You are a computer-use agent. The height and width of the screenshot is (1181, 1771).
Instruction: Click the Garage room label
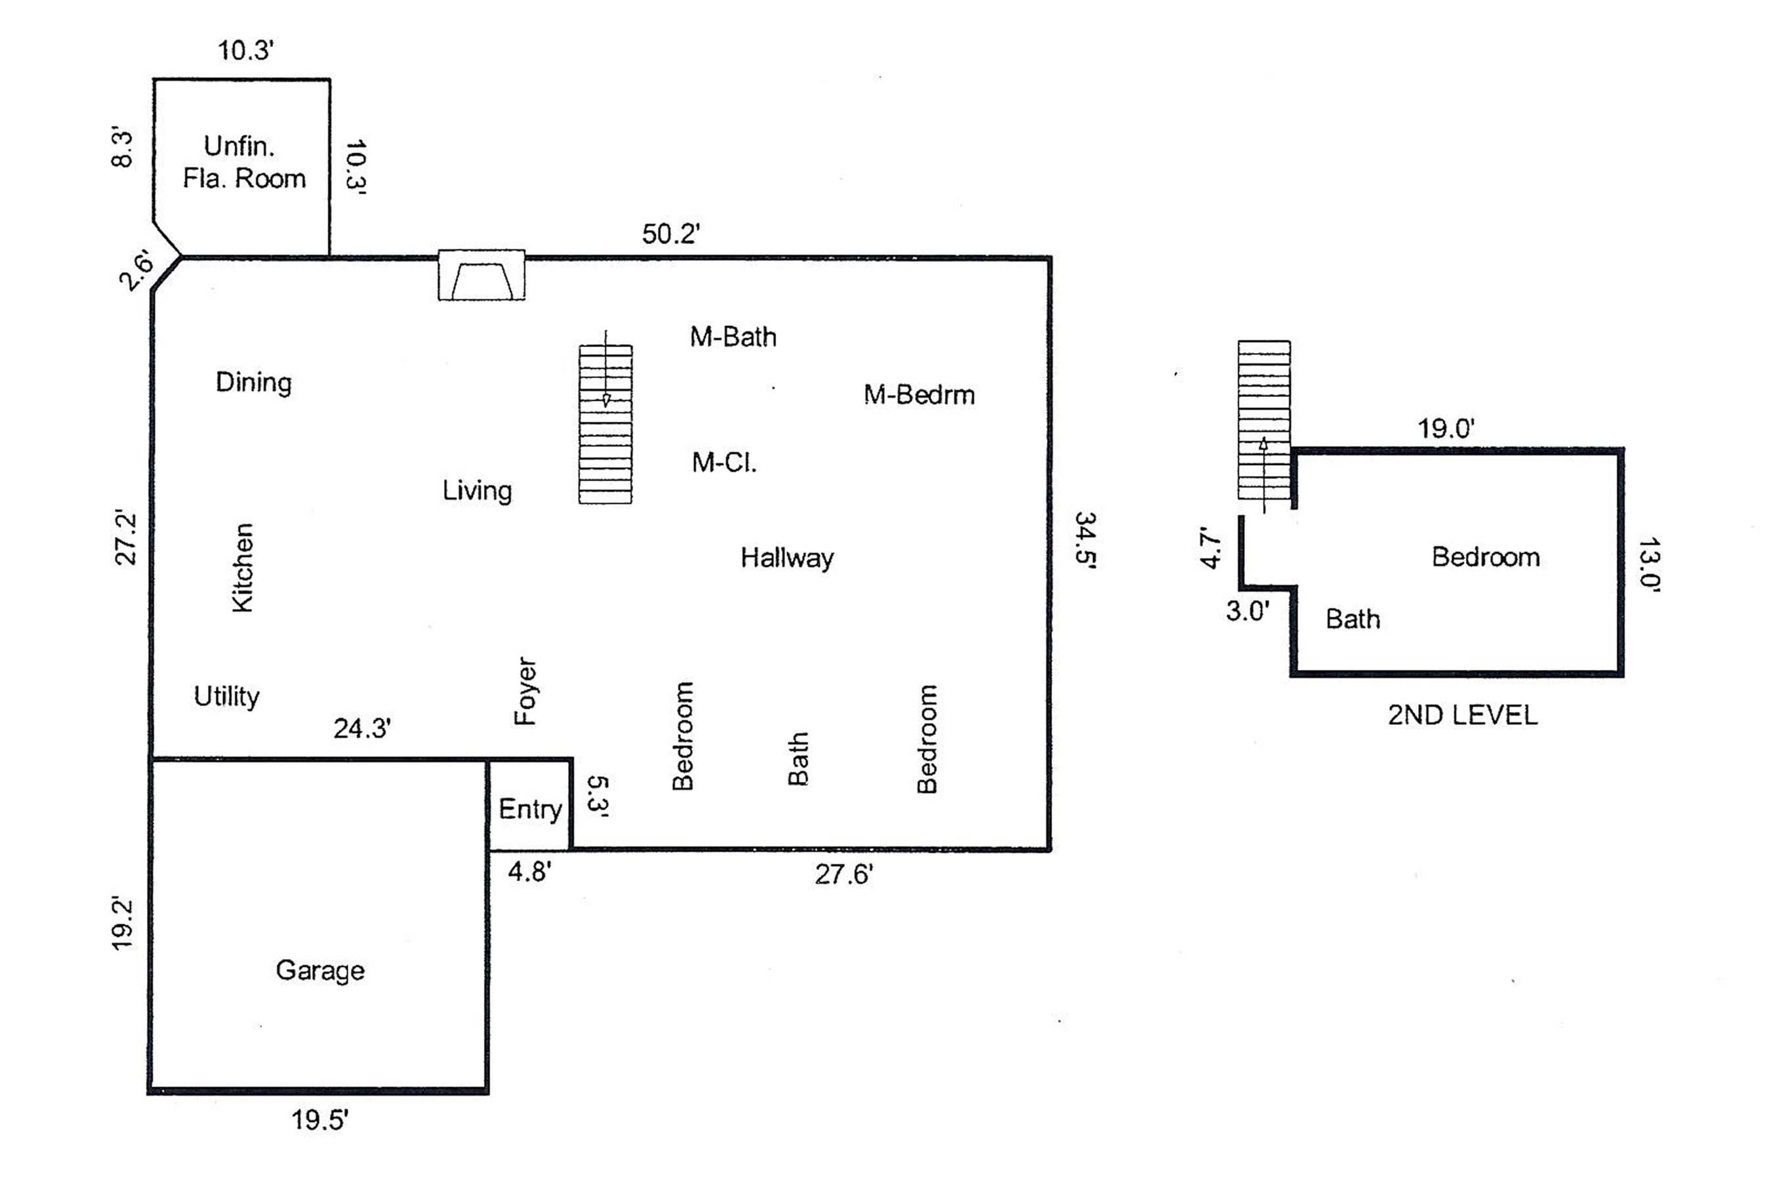[320, 971]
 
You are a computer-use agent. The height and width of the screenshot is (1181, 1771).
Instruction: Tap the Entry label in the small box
[530, 810]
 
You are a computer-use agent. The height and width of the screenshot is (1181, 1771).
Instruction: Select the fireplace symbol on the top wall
[482, 276]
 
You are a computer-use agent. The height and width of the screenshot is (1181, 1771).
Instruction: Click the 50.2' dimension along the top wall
[671, 234]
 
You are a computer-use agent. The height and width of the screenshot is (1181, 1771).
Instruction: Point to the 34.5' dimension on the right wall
[1084, 540]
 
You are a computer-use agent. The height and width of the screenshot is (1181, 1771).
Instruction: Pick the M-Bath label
[733, 337]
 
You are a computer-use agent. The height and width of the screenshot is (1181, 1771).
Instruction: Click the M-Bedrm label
[919, 395]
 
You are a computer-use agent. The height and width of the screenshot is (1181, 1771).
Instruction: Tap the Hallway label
[787, 558]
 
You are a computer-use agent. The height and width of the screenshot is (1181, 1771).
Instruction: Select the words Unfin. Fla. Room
[243, 163]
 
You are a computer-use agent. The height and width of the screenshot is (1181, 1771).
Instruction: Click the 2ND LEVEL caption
[1462, 715]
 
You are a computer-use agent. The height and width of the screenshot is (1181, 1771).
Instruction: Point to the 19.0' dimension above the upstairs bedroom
[1446, 429]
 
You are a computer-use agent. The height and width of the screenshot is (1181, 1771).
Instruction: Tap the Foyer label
[525, 692]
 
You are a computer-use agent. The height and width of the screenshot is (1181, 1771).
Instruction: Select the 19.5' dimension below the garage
[320, 1121]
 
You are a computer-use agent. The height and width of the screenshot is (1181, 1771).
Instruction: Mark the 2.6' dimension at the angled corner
[136, 271]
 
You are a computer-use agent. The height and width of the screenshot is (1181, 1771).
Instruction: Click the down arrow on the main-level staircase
[606, 399]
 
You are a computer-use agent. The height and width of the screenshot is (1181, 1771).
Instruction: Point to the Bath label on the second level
[1353, 619]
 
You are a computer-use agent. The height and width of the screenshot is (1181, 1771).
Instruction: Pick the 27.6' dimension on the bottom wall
[844, 875]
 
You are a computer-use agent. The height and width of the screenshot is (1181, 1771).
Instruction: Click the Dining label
[254, 383]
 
